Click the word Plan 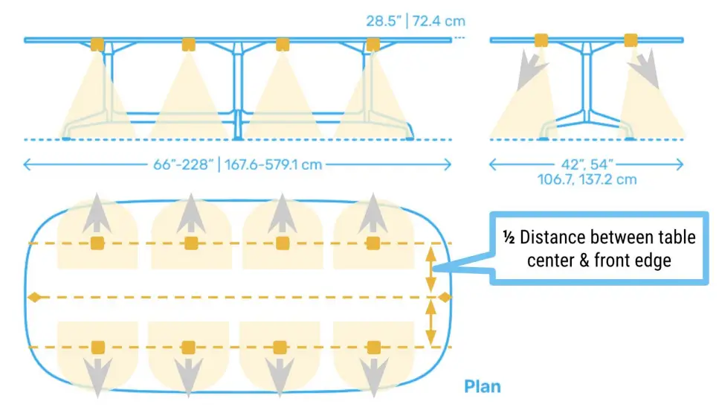pos(483,387)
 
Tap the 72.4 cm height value pos(441,21)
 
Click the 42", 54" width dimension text pos(588,164)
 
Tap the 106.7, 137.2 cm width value pos(588,179)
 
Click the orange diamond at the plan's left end pos(33,298)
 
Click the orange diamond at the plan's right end pos(445,298)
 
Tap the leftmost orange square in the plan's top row pos(97,243)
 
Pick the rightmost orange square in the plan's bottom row pos(373,348)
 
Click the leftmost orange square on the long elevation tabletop pos(97,44)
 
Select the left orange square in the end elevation pos(541,39)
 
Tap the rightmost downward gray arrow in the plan pos(373,375)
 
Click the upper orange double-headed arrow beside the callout pos(430,271)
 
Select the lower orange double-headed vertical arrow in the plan pos(430,323)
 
